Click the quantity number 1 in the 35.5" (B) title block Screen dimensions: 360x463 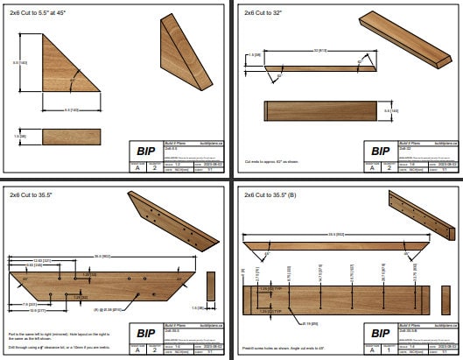point(387,349)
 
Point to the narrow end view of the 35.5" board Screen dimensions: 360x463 point(210,289)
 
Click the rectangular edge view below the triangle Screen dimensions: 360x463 point(73,137)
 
